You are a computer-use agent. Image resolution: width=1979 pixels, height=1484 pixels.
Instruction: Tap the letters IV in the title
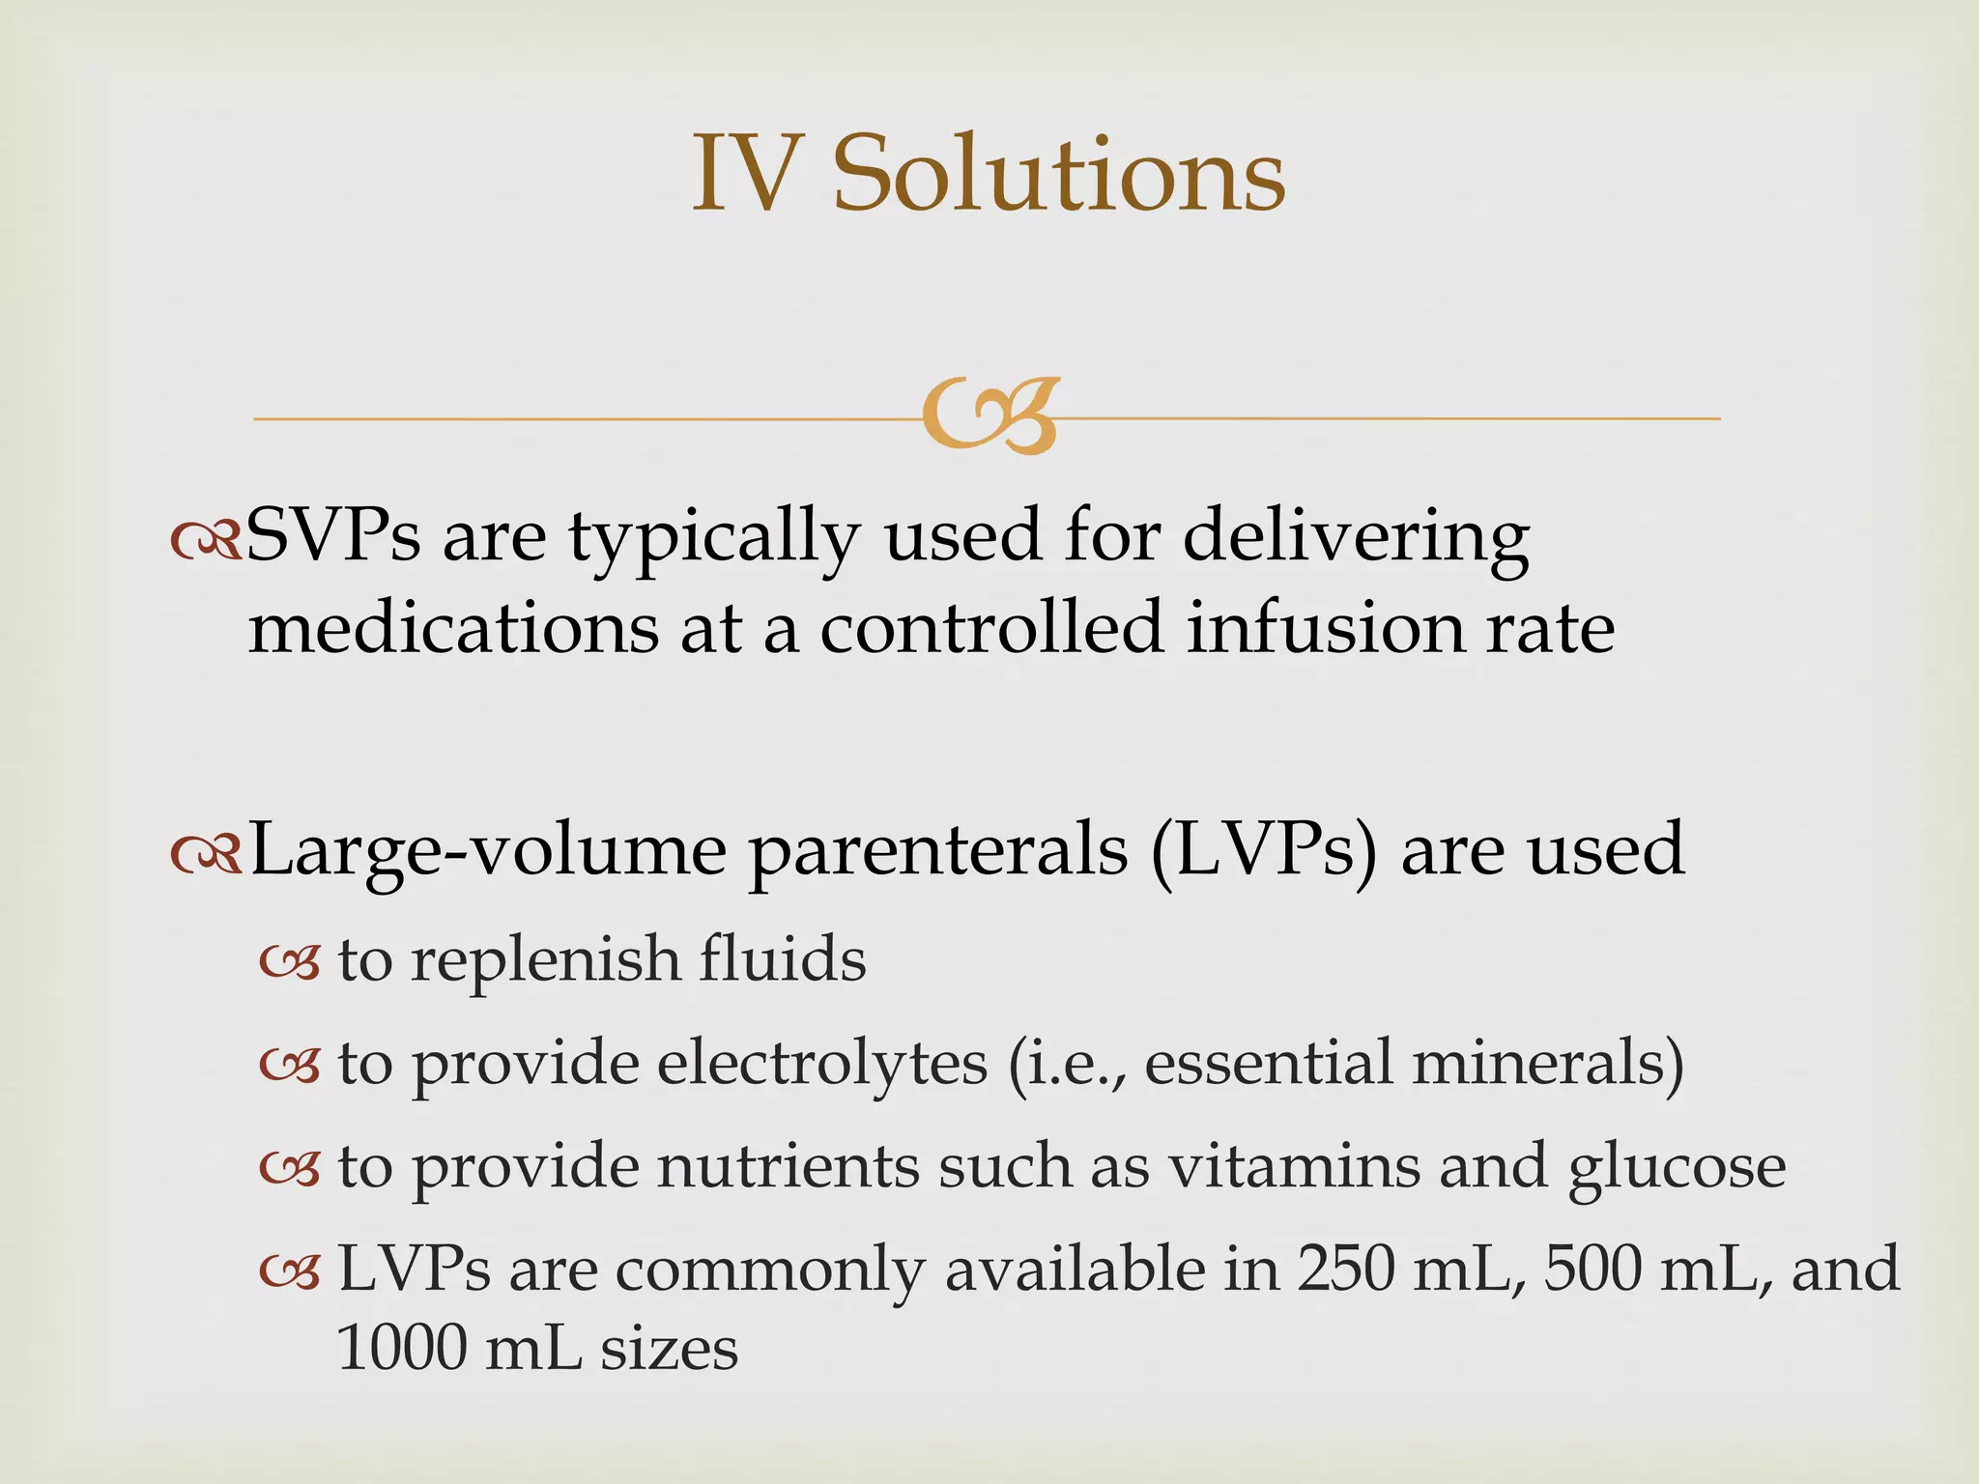click(749, 174)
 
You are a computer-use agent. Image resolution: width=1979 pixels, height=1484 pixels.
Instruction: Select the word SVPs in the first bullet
click(333, 536)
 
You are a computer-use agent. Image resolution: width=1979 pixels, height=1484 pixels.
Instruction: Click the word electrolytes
click(822, 1064)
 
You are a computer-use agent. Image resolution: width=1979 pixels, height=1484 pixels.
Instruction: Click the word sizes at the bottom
click(669, 1350)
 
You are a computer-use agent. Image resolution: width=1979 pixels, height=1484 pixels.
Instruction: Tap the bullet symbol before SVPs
click(205, 541)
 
